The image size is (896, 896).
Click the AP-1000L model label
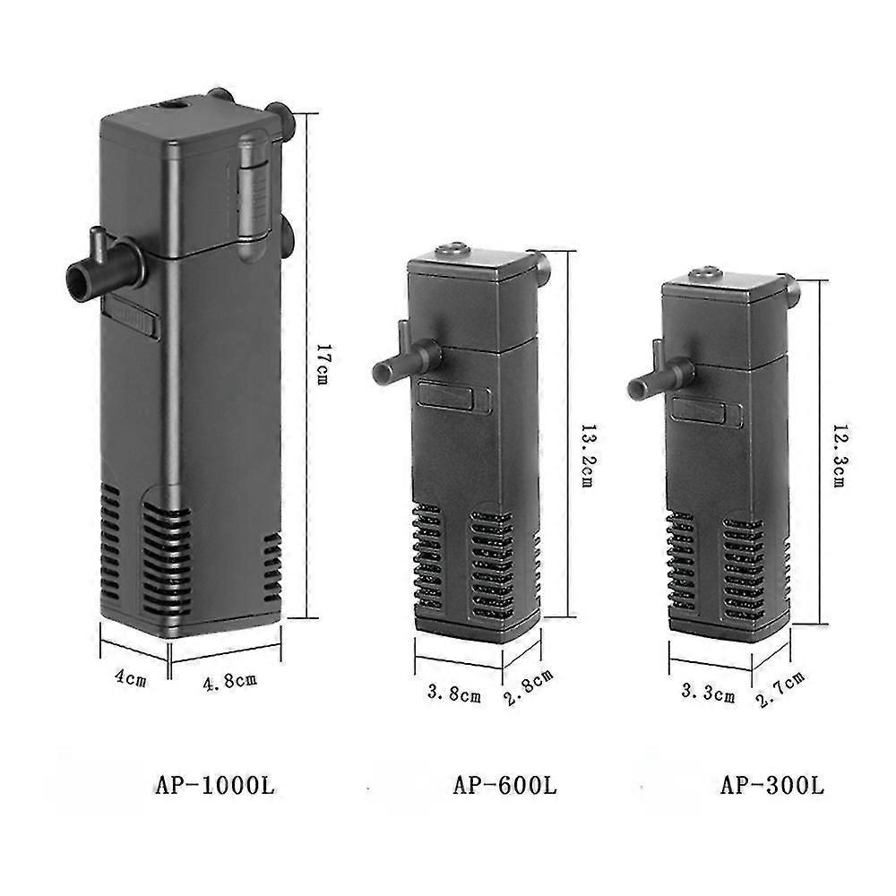pos(214,786)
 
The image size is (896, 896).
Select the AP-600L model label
pos(504,786)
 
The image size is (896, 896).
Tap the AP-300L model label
pos(771,786)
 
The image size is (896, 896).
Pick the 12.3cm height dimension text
pos(839,455)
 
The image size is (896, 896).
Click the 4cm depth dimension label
pos(130,678)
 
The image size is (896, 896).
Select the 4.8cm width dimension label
pos(230,680)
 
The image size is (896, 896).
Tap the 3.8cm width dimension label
pos(453,693)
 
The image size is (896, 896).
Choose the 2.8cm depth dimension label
pos(529,687)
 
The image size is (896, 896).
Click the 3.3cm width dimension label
pos(708,693)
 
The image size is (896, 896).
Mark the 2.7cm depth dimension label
pos(780,689)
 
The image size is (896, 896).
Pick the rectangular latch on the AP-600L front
pos(452,396)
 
